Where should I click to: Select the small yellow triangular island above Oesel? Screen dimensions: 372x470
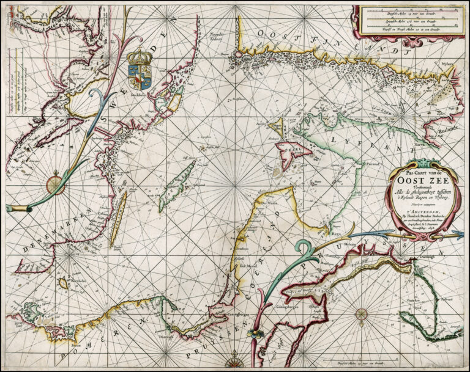[276, 126]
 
